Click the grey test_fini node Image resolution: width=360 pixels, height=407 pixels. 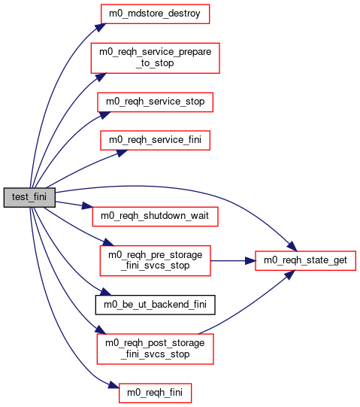point(29,198)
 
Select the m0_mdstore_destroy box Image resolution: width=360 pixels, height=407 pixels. point(155,14)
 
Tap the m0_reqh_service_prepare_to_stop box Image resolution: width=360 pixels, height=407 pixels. point(156,58)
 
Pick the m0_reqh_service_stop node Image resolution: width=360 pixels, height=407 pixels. point(156,102)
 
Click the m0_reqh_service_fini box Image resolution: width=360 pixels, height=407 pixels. point(156,141)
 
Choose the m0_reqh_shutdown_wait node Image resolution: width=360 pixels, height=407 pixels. point(156,217)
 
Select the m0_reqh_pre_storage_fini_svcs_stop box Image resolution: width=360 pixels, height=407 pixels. point(156,260)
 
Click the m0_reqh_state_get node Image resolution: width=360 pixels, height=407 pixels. point(306,260)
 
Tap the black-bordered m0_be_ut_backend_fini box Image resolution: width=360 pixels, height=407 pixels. point(156,305)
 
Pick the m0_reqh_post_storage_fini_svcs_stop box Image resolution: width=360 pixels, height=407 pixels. point(156,349)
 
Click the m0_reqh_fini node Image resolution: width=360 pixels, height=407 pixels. point(156,393)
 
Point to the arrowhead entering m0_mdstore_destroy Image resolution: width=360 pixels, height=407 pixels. point(101,27)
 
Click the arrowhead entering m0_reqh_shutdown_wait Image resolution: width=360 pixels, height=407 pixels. point(87,206)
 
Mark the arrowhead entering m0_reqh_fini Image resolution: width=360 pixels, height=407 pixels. point(113,385)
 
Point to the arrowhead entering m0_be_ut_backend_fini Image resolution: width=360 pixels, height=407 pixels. point(105,292)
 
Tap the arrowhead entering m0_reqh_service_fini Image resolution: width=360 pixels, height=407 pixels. point(121,153)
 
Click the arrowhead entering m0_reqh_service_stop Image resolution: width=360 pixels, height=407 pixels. point(105,115)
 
